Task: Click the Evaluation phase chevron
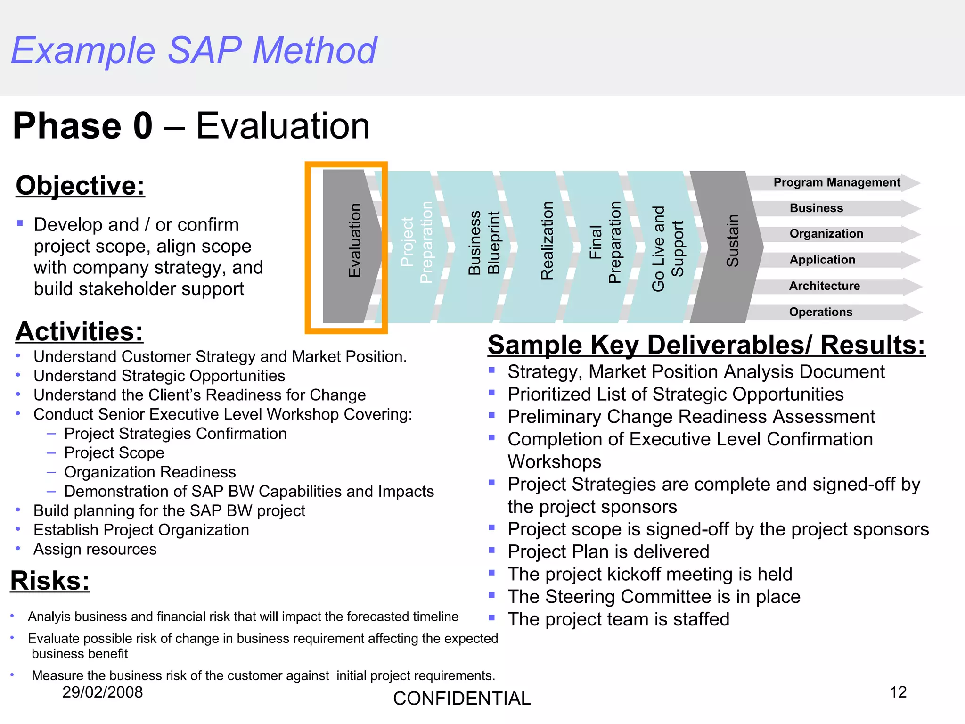coord(351,245)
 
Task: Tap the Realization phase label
coord(547,241)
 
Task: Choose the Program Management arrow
coord(836,183)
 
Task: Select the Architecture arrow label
coord(824,286)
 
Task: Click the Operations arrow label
coord(820,312)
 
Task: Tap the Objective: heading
coord(80,185)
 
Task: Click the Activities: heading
coord(79,331)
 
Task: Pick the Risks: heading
coord(50,580)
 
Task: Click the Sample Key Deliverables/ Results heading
coord(706,345)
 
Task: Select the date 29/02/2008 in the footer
coord(102,692)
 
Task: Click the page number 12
coord(898,692)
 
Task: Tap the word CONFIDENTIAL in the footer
coord(462,699)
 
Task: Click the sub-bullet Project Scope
coord(114,453)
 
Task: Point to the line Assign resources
coord(95,549)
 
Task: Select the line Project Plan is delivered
coord(608,551)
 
